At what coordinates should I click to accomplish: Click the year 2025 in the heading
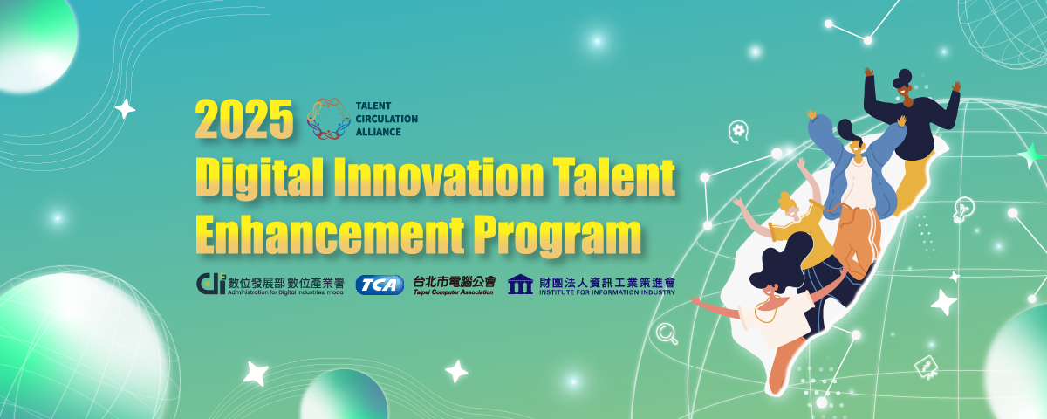(x=244, y=120)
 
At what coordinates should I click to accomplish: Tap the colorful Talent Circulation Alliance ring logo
(x=329, y=119)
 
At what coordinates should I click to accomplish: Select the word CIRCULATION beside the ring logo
(x=387, y=119)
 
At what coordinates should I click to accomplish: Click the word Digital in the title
(x=259, y=177)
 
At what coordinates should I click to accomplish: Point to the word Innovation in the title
(x=438, y=177)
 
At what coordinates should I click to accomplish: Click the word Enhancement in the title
(x=330, y=236)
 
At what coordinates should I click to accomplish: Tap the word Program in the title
(x=558, y=237)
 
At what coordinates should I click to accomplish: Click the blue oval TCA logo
(x=380, y=285)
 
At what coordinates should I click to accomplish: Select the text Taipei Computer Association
(x=453, y=292)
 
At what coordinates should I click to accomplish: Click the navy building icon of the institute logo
(x=520, y=284)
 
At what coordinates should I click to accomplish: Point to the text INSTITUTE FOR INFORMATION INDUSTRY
(x=607, y=292)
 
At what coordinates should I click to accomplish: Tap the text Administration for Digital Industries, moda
(x=285, y=292)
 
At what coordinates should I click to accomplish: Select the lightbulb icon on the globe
(x=963, y=209)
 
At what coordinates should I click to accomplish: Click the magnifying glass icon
(x=667, y=333)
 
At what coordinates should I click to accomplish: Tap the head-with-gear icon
(x=738, y=132)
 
